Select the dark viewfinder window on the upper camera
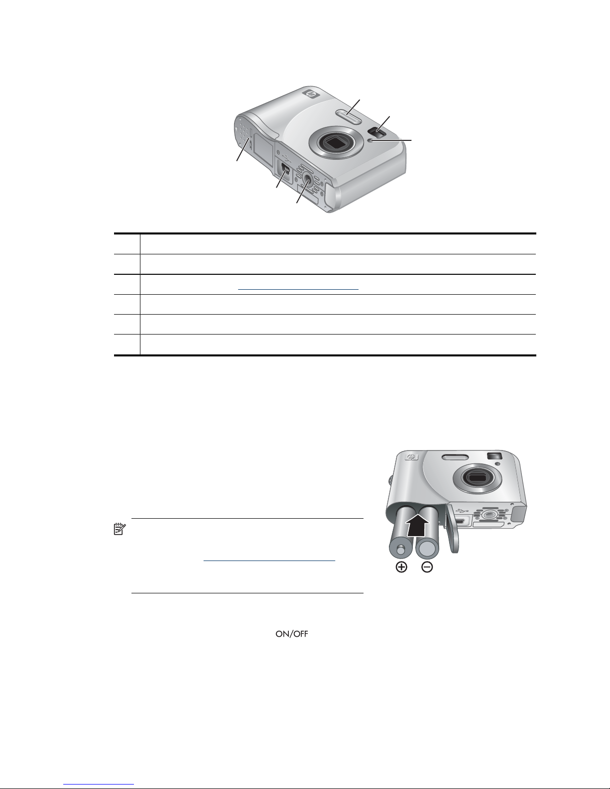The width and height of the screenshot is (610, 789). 377,133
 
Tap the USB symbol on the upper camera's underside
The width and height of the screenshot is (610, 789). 286,159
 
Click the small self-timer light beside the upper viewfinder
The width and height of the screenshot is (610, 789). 369,140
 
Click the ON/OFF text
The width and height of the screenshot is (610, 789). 292,634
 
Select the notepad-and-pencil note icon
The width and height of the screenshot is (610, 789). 120,529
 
